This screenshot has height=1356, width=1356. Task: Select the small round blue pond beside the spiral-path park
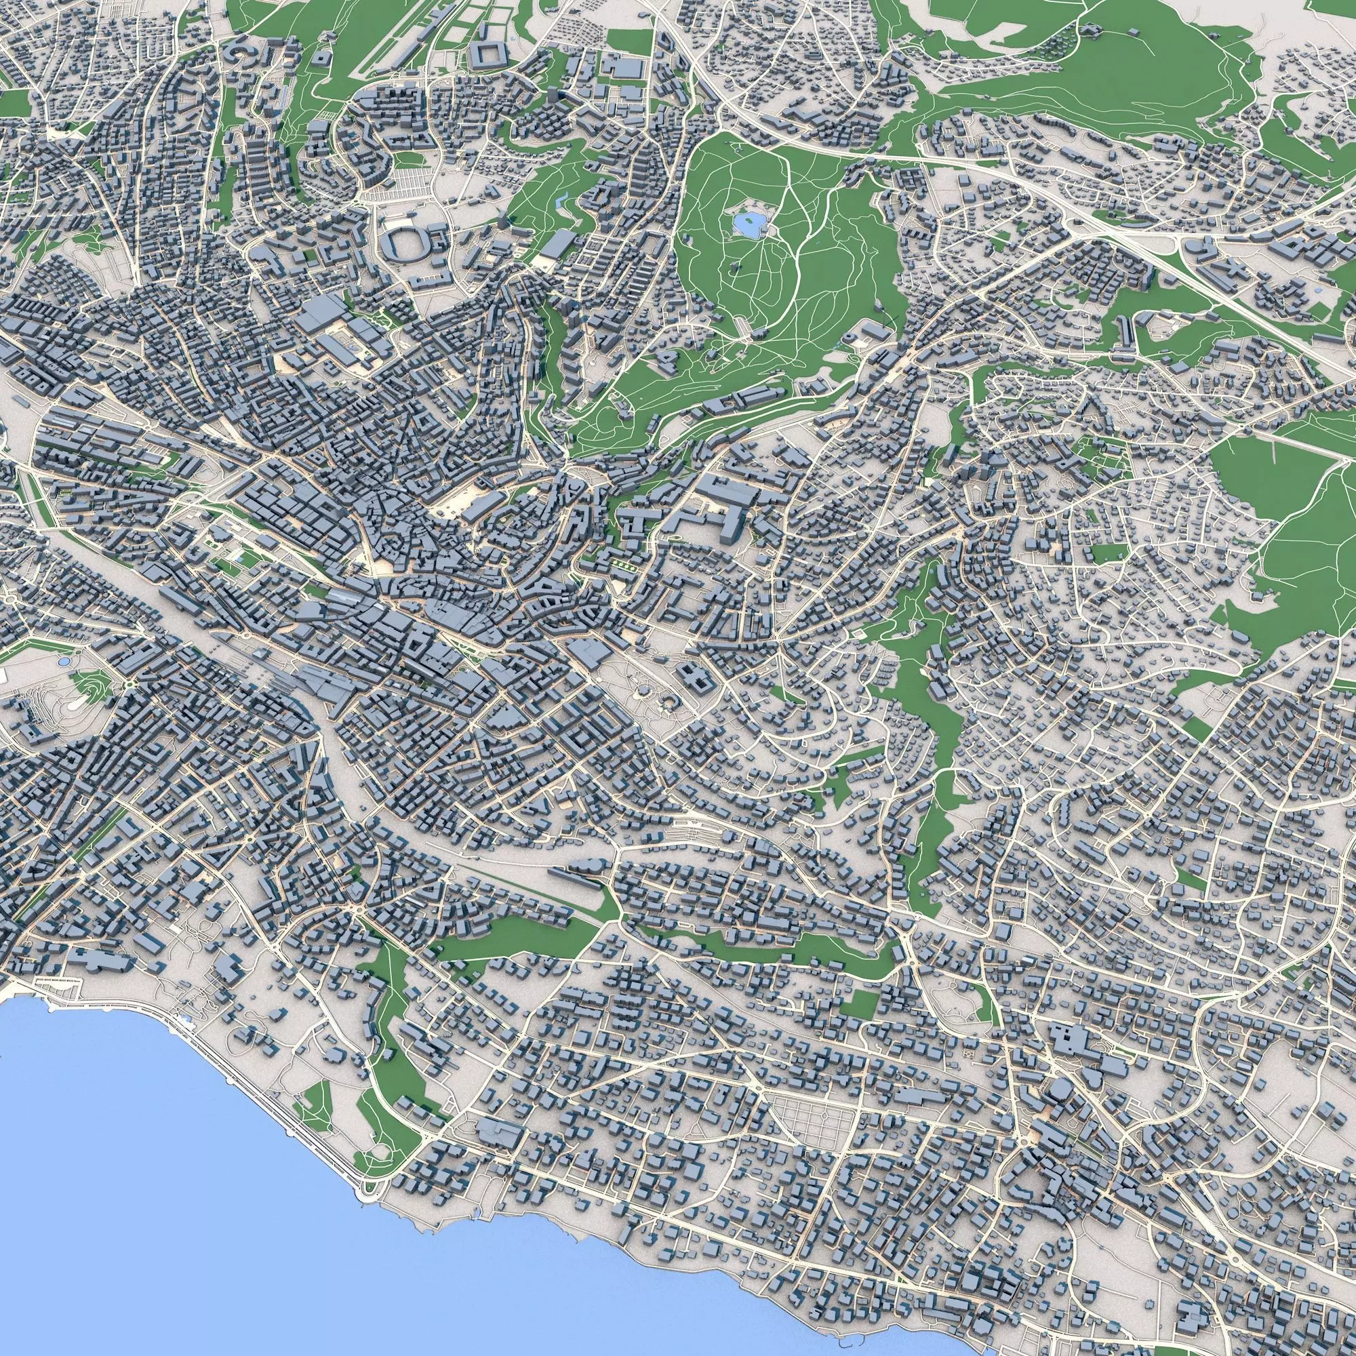pyautogui.click(x=64, y=661)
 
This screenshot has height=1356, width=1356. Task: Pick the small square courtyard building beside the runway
pyautogui.click(x=320, y=57)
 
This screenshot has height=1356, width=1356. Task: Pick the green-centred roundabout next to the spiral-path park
pyautogui.click(x=131, y=684)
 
